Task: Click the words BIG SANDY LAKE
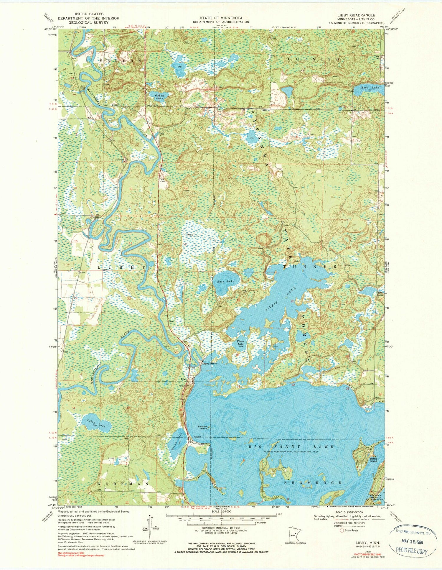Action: pos(292,447)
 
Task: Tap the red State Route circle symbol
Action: pos(342,530)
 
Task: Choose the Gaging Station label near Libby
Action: pos(210,364)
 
